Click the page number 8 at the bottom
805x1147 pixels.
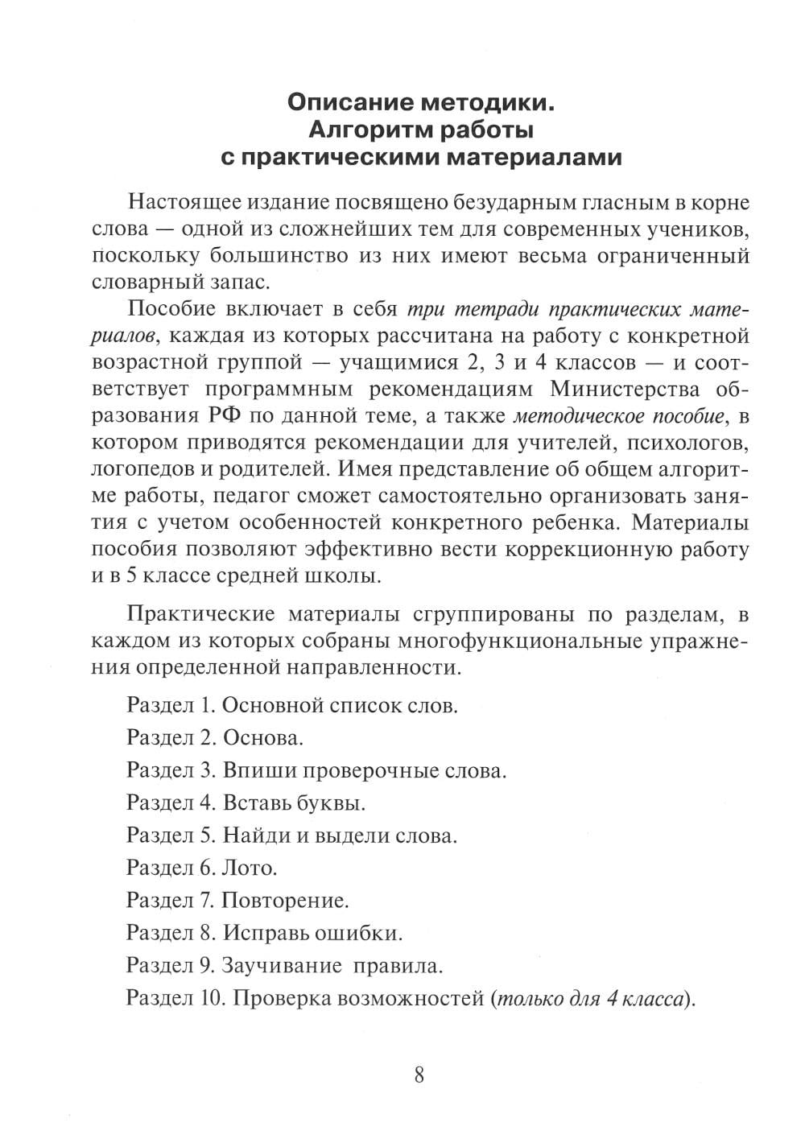[x=419, y=1075]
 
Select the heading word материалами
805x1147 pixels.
[x=535, y=156]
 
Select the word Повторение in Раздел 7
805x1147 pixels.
[x=284, y=900]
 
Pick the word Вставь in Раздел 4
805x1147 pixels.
[x=256, y=802]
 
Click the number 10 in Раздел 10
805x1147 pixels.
[x=206, y=998]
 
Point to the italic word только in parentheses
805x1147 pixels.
[x=526, y=998]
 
